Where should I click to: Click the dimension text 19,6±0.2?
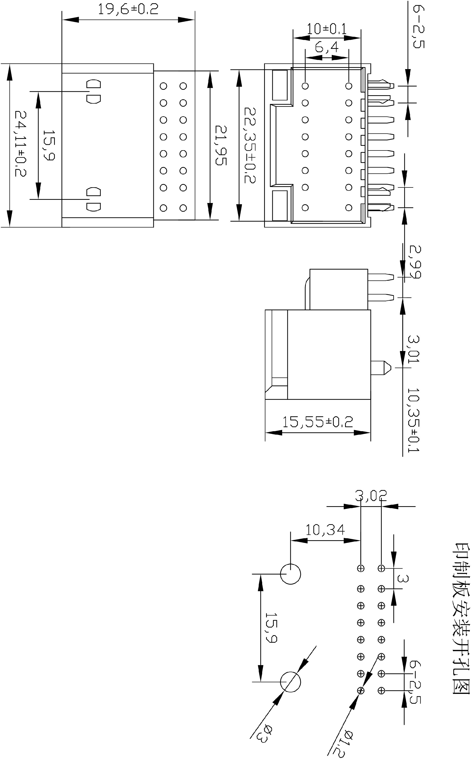pyautogui.click(x=128, y=9)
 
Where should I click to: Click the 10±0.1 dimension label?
pyautogui.click(x=327, y=29)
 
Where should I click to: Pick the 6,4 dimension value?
pyautogui.click(x=327, y=48)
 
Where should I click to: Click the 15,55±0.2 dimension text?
pyautogui.click(x=317, y=422)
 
